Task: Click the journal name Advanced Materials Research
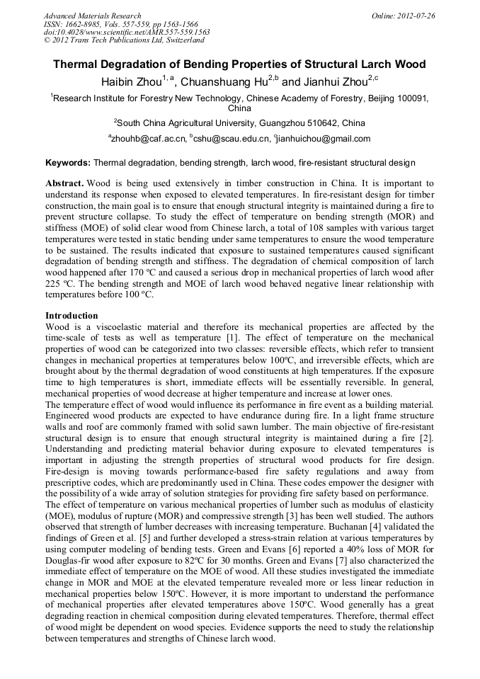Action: (x=92, y=16)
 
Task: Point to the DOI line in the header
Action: (x=127, y=32)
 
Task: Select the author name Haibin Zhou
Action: (x=132, y=82)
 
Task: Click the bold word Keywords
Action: (x=67, y=163)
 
